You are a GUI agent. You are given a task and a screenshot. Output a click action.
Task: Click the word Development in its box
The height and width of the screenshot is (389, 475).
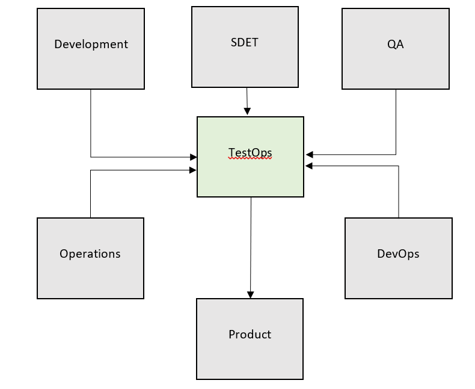pyautogui.click(x=91, y=44)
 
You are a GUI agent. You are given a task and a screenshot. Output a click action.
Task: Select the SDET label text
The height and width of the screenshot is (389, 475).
pyautogui.click(x=244, y=42)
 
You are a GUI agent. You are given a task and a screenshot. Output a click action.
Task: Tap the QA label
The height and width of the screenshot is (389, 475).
pyautogui.click(x=395, y=44)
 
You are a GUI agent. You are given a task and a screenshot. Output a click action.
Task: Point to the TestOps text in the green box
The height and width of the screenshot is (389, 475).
pyautogui.click(x=250, y=153)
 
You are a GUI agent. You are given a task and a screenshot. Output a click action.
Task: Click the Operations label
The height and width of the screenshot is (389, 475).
pyautogui.click(x=90, y=254)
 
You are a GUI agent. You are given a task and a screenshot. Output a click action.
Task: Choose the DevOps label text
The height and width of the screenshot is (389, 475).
pyautogui.click(x=398, y=254)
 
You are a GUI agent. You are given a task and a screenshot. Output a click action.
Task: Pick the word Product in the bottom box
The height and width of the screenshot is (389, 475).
pyautogui.click(x=250, y=334)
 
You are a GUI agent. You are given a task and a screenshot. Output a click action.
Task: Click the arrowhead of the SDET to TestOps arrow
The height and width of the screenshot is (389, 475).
pyautogui.click(x=247, y=111)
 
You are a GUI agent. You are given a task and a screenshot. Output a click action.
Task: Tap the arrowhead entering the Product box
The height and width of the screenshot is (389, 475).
pyautogui.click(x=250, y=295)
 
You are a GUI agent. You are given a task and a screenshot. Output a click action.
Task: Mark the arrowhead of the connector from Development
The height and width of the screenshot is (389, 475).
pyautogui.click(x=194, y=157)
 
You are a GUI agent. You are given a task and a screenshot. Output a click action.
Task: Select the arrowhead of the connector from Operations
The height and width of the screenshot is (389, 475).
pyautogui.click(x=194, y=170)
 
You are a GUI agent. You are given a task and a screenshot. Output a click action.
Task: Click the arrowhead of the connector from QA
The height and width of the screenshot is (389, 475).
pyautogui.click(x=309, y=155)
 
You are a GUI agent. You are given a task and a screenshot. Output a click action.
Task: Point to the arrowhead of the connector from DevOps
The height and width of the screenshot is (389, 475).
pyautogui.click(x=309, y=166)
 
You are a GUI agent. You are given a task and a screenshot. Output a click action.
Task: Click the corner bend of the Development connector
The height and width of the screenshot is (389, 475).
pyautogui.click(x=91, y=157)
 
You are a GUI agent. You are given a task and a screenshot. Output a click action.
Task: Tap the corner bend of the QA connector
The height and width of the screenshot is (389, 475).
pyautogui.click(x=396, y=155)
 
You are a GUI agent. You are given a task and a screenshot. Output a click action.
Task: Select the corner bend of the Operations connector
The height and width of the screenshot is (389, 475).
pyautogui.click(x=90, y=170)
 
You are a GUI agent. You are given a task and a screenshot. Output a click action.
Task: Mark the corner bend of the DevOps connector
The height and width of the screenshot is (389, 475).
pyautogui.click(x=399, y=166)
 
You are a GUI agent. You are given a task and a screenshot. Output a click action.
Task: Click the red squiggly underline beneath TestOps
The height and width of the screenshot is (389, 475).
pyautogui.click(x=250, y=159)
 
